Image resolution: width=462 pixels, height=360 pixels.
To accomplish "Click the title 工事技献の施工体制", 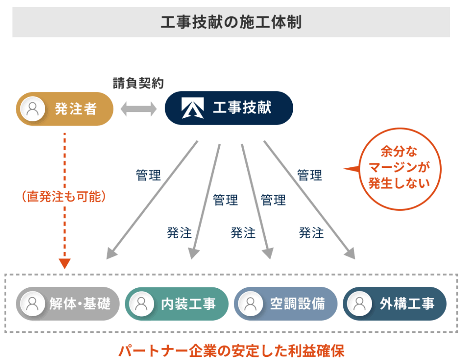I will pos(231,22).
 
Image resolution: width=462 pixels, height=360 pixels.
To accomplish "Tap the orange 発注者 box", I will pos(64,109).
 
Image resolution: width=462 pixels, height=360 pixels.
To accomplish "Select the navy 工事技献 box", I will pos(229,108).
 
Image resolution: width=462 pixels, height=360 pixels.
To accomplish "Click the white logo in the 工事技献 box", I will pos(193,108).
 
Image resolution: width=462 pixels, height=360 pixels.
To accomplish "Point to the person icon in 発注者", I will pos(32,109).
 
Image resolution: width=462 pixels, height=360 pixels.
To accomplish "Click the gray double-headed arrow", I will pos(138,109).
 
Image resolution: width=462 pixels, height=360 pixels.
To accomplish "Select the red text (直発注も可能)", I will pos(64,197).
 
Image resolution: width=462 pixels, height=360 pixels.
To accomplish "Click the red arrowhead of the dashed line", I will pos(65,263).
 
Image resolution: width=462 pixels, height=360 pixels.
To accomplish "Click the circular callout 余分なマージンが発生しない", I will pos(397,172).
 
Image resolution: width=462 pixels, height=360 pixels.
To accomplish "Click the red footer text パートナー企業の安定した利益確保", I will pos(231,350).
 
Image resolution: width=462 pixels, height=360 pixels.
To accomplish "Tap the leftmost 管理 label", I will pos(148,175).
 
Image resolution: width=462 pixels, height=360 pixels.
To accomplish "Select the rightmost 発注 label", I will pos(311,233).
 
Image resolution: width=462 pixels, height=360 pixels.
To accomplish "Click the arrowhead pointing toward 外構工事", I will pos(350,254).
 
